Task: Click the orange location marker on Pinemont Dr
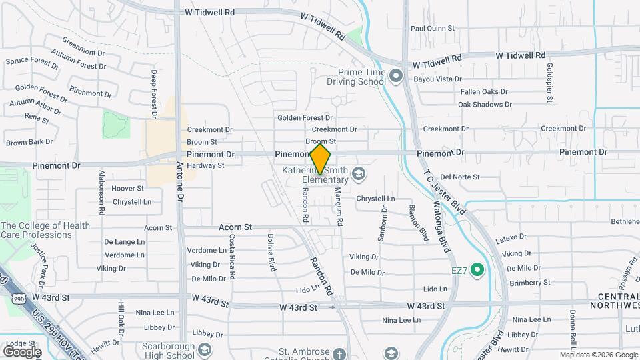click(x=320, y=159)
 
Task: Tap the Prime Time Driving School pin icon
click(x=395, y=76)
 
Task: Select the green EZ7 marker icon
click(x=477, y=270)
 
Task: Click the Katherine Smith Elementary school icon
click(x=359, y=175)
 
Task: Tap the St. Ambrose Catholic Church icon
click(x=340, y=353)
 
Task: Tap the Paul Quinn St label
click(x=432, y=29)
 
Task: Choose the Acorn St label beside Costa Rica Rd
click(x=235, y=227)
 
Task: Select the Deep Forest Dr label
click(x=153, y=94)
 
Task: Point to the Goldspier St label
click(x=550, y=83)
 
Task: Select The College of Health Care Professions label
click(x=45, y=230)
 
